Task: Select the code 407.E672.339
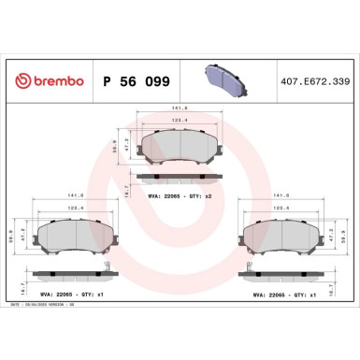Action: [x=314, y=81]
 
